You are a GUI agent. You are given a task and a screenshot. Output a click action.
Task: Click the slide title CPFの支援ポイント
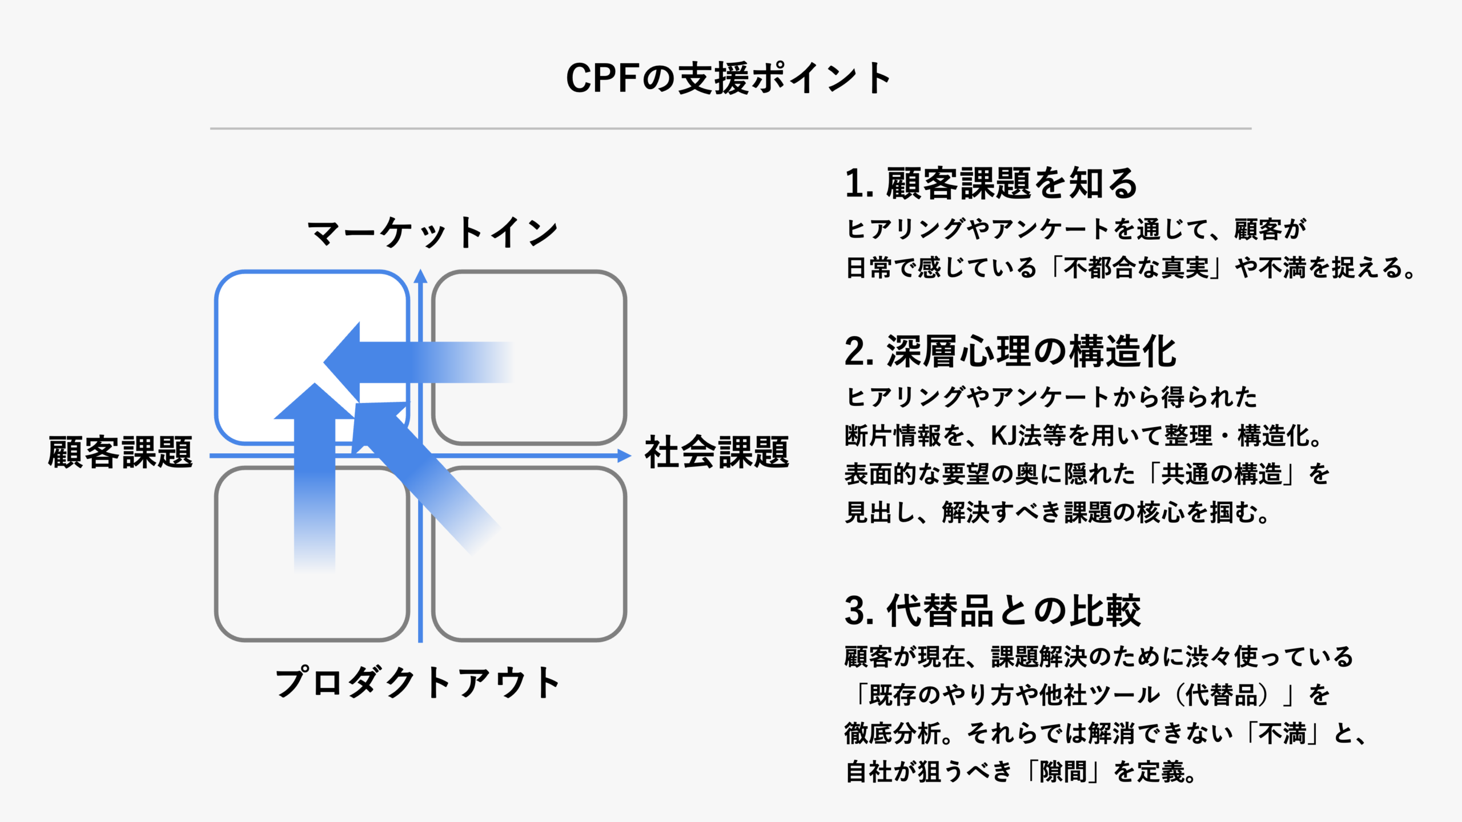point(729,78)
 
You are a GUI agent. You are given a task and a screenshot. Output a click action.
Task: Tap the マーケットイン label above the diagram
point(432,233)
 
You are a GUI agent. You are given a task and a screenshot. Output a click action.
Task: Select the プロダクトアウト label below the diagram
point(417,683)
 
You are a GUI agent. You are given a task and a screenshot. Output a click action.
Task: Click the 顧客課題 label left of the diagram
point(121,453)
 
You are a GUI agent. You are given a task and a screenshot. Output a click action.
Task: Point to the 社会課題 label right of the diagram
point(717,453)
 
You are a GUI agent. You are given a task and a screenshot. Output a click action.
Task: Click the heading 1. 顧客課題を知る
point(991,184)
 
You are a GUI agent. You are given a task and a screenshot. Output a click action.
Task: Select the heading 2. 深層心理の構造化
point(1010,352)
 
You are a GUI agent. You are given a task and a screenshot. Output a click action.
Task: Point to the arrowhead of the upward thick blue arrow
point(315,403)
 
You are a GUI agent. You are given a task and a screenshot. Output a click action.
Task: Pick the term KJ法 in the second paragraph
point(1015,436)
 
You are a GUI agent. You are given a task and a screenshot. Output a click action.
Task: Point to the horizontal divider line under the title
point(730,128)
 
